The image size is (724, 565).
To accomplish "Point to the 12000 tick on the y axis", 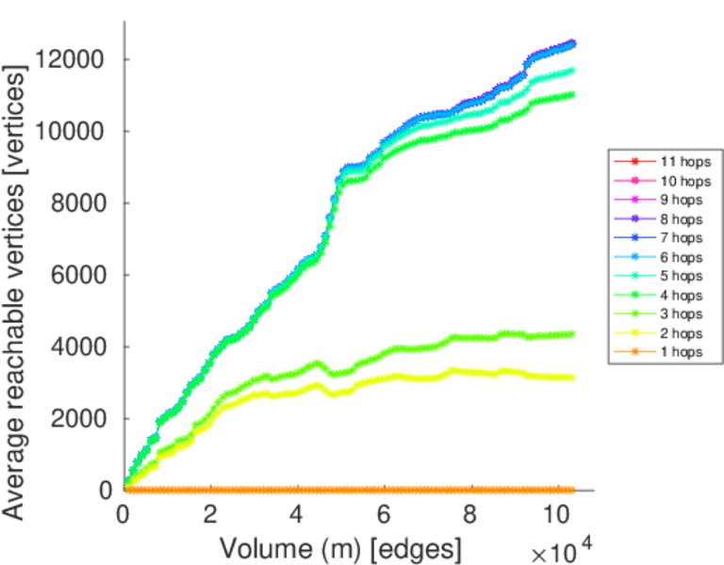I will pyautogui.click(x=74, y=59).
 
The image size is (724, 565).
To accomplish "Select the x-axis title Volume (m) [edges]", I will pyautogui.click(x=341, y=547).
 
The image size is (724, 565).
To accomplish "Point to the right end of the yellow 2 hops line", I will pyautogui.click(x=572, y=378).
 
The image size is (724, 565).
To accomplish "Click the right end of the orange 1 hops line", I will pyautogui.click(x=572, y=490).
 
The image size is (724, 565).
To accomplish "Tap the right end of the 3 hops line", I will pyautogui.click(x=572, y=333).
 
